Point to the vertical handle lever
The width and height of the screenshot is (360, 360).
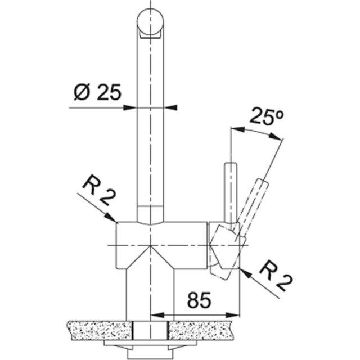230,191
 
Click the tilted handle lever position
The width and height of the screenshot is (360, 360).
253,200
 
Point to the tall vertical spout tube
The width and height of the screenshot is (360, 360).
151,124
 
